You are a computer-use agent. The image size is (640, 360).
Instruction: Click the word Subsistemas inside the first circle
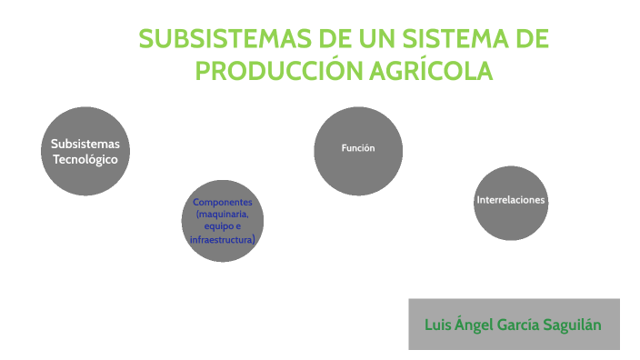pyautogui.click(x=85, y=144)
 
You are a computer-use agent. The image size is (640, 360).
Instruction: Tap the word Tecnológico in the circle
pyautogui.click(x=85, y=159)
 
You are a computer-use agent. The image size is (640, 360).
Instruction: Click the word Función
pyautogui.click(x=357, y=147)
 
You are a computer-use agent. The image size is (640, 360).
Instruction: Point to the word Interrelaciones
pyautogui.click(x=511, y=200)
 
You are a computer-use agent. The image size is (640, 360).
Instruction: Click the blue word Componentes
pyautogui.click(x=223, y=201)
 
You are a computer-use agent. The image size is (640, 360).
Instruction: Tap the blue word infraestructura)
pyautogui.click(x=223, y=239)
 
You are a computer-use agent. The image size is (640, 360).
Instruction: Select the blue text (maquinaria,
pyautogui.click(x=223, y=214)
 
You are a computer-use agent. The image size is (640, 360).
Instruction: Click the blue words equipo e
pyautogui.click(x=223, y=226)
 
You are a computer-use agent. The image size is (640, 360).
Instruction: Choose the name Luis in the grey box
pyautogui.click(x=439, y=325)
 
